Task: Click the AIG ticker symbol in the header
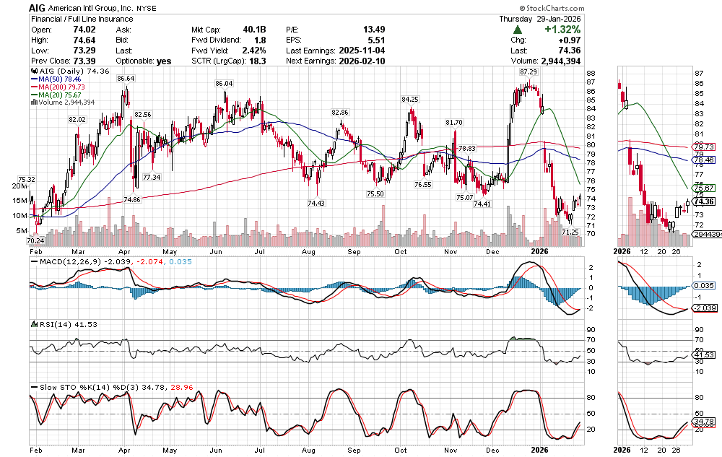40,6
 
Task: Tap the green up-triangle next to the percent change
518,30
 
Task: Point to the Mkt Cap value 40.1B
254,29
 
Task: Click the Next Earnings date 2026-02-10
365,61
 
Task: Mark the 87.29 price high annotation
528,72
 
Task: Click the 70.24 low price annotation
35,240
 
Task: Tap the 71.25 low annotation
570,232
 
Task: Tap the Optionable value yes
164,61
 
